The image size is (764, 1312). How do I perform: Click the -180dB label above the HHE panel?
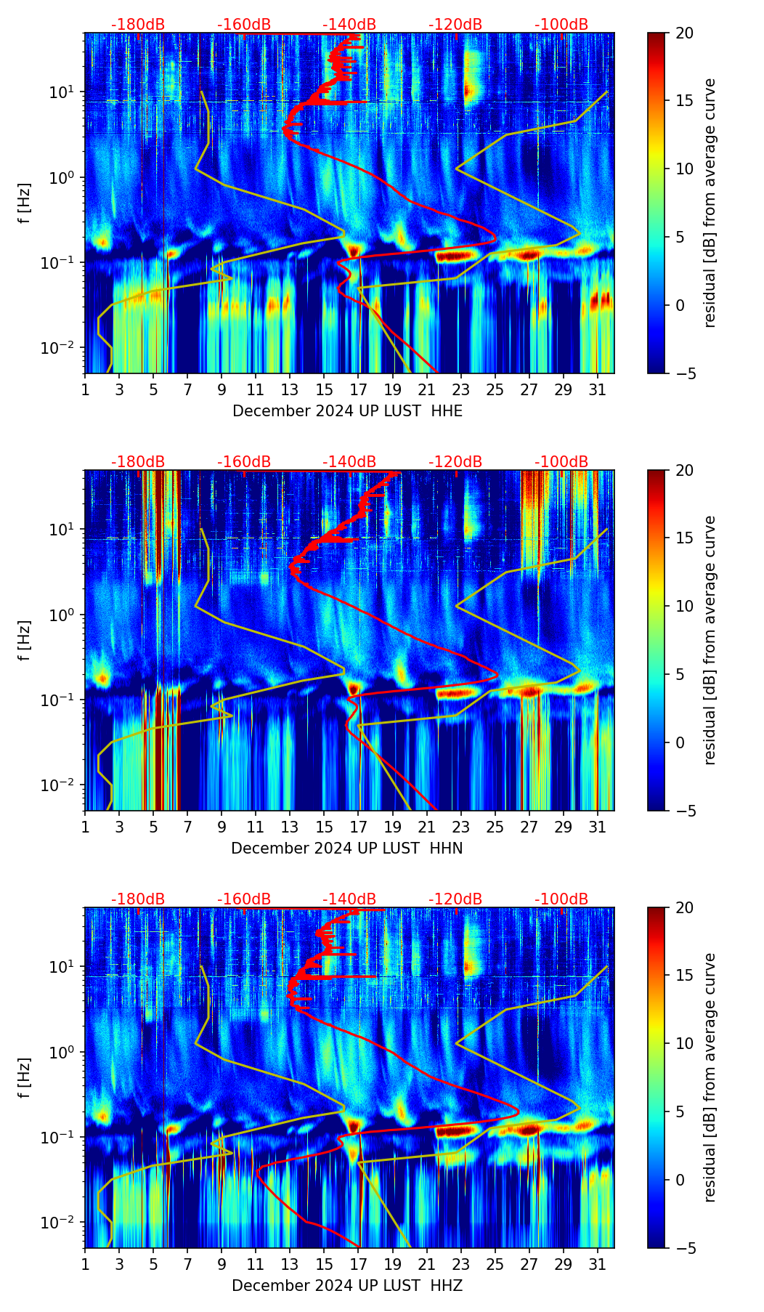138,25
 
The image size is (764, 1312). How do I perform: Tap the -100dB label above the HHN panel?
561,462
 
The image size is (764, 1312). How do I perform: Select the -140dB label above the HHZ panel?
349,899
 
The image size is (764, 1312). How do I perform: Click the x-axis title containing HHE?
347,411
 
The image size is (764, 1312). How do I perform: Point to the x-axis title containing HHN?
346,849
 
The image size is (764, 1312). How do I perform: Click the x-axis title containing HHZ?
346,1286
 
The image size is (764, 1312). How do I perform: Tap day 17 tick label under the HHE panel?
359,389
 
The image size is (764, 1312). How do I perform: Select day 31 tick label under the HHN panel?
597,827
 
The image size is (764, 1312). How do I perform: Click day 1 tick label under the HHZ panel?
85,1264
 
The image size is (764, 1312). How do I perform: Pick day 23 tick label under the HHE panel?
460,389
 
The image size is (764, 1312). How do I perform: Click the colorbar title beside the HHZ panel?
710,1078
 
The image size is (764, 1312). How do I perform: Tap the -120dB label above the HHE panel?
455,25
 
